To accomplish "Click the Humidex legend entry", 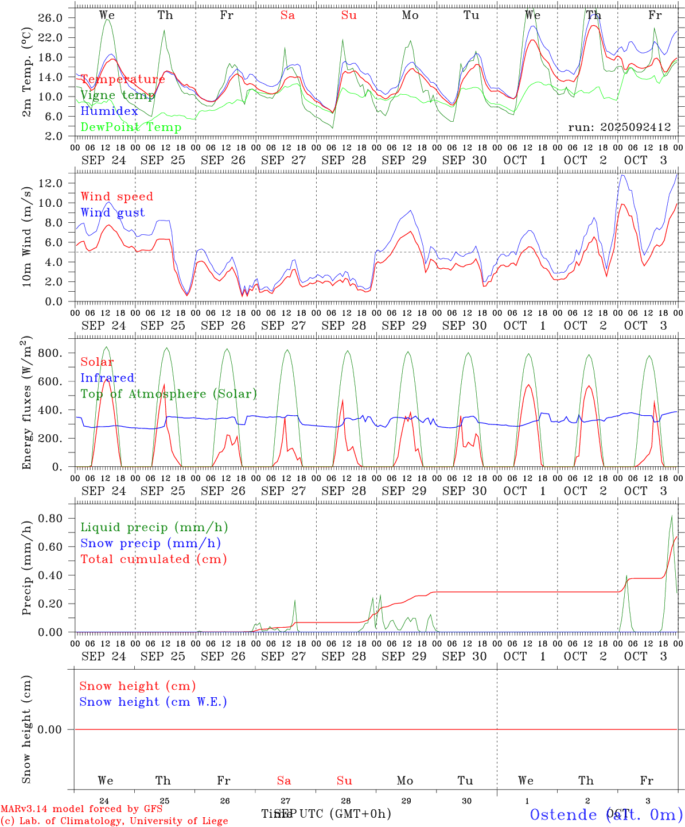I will tap(109, 111).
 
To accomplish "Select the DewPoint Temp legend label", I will tap(131, 127).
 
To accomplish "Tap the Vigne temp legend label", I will tap(118, 95).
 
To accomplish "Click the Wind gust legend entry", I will tap(112, 212).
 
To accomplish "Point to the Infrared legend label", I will tap(107, 378).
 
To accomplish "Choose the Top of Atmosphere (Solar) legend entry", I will tap(168, 394).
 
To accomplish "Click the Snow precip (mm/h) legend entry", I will tap(150, 543).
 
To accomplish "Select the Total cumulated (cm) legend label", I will tap(153, 559).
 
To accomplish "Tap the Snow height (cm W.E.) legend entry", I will tap(153, 702).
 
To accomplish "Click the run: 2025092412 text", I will tap(619, 127).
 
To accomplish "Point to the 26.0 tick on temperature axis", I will tap(51, 18).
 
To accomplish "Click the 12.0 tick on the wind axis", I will tap(51, 183).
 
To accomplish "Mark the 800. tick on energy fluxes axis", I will tap(50, 353).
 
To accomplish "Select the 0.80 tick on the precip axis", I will tap(51, 518).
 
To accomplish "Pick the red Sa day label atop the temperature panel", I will tap(287, 16).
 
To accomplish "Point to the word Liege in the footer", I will tap(213, 821).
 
